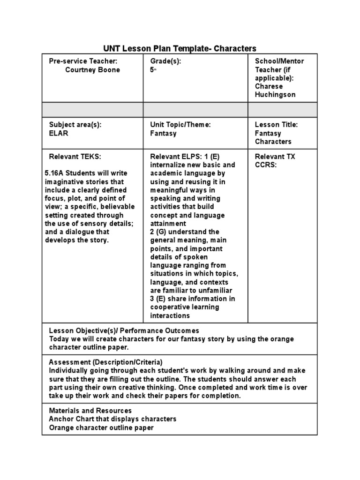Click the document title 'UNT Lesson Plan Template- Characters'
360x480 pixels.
coord(180,48)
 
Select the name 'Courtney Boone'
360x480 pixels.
coord(92,70)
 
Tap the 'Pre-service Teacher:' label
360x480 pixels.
coord(83,61)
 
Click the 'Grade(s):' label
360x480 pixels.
coord(165,61)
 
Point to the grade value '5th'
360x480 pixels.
coord(153,70)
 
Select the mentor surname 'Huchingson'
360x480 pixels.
coord(275,95)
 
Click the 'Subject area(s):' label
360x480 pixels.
coord(75,125)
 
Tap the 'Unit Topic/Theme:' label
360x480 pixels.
coord(180,125)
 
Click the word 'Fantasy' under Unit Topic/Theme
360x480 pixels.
coord(163,133)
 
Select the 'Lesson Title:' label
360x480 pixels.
coord(276,125)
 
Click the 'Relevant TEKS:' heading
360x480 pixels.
coord(75,157)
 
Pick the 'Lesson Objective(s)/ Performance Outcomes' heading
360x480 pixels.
coord(124,330)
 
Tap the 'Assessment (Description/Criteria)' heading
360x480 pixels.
coord(105,362)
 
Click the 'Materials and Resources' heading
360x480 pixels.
coord(90,411)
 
